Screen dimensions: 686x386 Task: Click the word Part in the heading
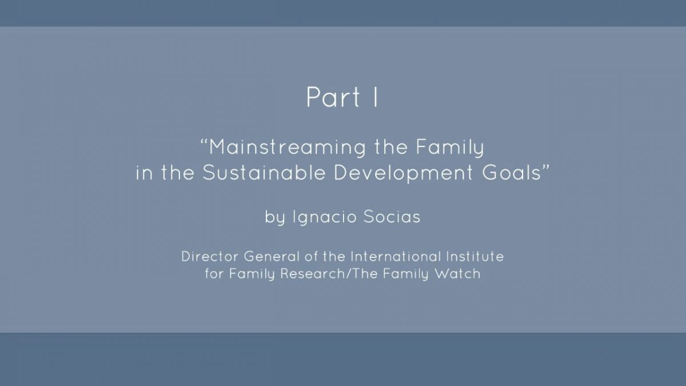pos(333,97)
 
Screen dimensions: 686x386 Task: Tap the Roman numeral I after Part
pos(376,97)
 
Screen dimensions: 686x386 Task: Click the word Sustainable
pos(264,173)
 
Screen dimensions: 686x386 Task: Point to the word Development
pos(404,173)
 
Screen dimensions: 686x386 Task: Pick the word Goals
pos(512,173)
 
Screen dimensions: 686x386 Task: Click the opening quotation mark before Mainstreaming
pos(204,142)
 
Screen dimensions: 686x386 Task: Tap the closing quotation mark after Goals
pos(546,168)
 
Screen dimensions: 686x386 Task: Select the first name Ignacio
pos(325,217)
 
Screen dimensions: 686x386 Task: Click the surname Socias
pos(392,217)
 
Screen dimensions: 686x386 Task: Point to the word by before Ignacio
pos(275,217)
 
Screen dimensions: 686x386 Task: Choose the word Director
pos(210,256)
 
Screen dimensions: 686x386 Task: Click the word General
pos(272,256)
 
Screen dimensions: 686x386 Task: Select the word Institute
pos(474,256)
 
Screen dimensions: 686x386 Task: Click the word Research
pos(313,273)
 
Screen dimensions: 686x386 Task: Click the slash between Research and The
pos(349,273)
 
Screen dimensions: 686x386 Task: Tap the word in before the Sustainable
pos(143,173)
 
